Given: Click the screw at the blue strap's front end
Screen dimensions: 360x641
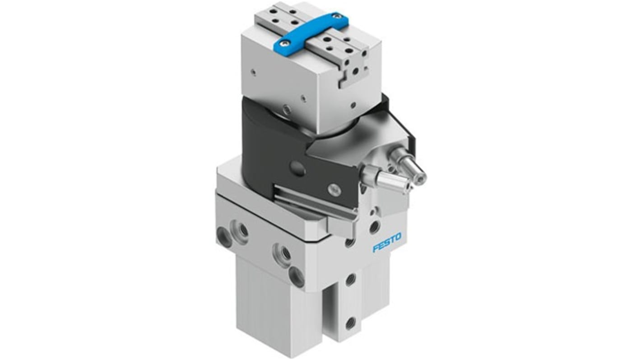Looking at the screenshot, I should coord(283,43).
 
